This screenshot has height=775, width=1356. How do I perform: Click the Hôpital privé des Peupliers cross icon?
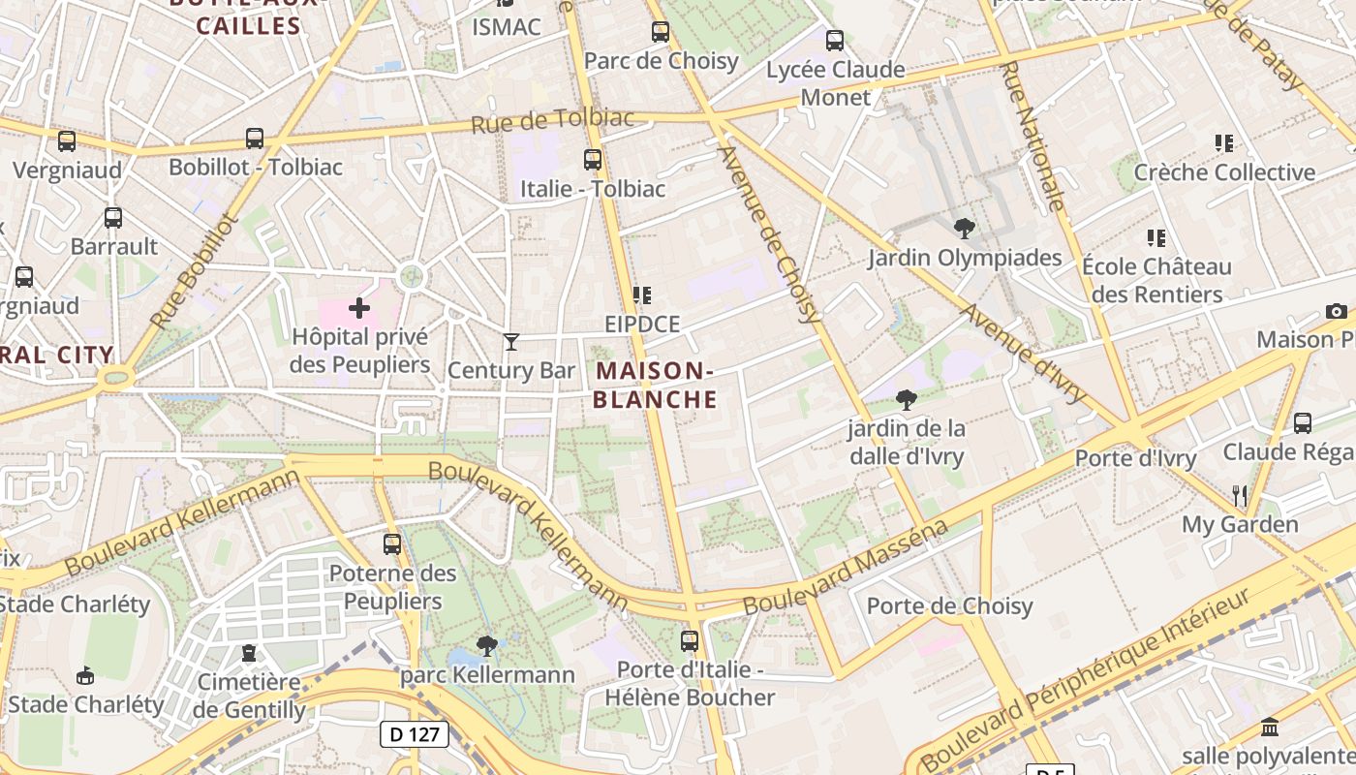pos(359,308)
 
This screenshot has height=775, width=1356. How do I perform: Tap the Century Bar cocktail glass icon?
pos(511,341)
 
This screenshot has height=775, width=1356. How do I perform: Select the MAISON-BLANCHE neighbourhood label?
pos(655,385)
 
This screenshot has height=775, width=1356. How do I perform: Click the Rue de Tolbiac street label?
pos(552,121)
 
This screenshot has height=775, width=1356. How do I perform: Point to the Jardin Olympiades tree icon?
pos(964,229)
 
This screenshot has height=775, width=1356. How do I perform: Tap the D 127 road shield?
pos(414,734)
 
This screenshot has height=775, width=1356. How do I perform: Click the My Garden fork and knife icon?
pos(1240,495)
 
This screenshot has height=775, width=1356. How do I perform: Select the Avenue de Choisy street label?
pos(771,233)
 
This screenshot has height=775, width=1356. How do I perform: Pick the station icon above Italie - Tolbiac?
pos(593,160)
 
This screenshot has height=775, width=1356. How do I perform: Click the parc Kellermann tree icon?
pos(487,645)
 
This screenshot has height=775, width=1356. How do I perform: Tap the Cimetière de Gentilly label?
pos(250,696)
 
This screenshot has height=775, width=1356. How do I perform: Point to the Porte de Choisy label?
pos(949,606)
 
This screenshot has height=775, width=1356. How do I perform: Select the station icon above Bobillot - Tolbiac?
pos(255,139)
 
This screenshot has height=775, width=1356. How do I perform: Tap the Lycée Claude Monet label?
pos(835,83)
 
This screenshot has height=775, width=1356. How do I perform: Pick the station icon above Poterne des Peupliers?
pos(392,544)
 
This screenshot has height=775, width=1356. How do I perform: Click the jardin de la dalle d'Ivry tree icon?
pos(907,399)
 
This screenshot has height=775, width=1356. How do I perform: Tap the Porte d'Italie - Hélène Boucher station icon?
pos(690,640)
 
